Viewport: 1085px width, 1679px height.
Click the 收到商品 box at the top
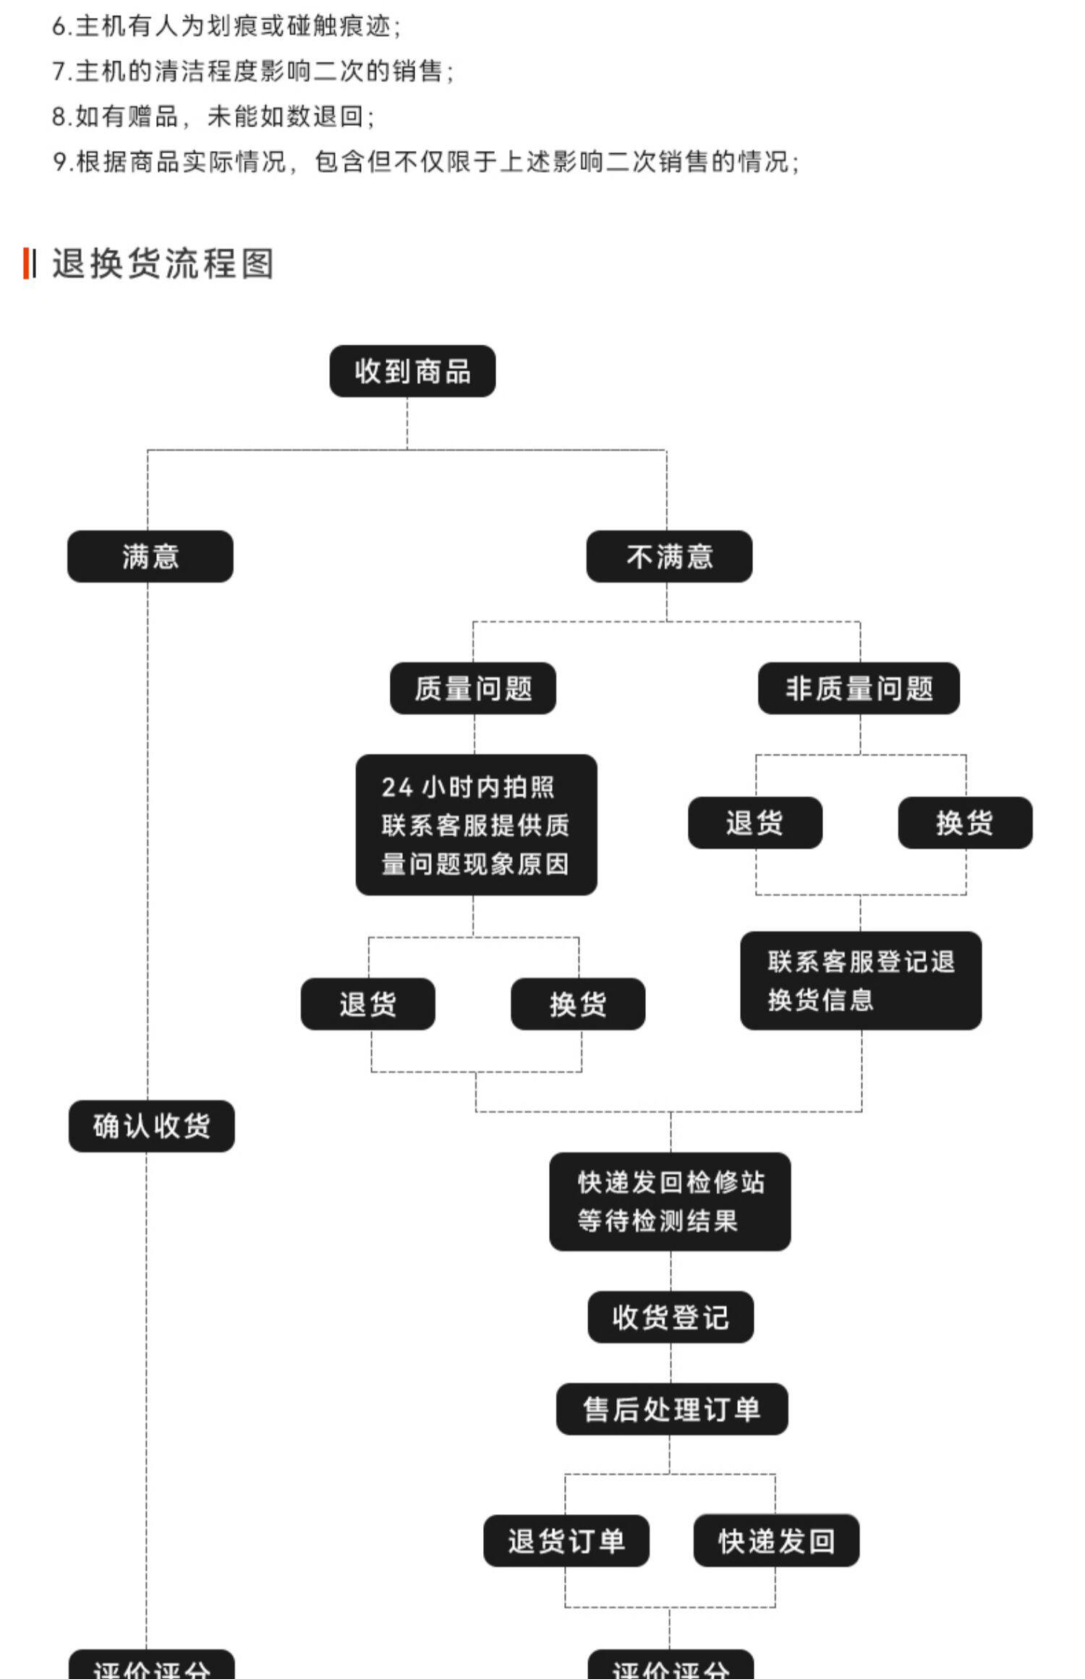click(412, 371)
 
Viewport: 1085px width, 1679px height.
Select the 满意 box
click(150, 557)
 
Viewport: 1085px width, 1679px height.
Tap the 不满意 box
click(669, 557)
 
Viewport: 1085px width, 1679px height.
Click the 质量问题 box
click(473, 688)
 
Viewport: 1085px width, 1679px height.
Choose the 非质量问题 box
click(859, 688)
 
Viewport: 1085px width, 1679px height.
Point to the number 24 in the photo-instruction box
click(397, 787)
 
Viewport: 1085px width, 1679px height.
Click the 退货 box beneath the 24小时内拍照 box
click(367, 1004)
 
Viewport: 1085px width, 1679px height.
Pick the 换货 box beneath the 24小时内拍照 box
click(578, 1004)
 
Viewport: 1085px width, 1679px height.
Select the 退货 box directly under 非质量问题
click(755, 823)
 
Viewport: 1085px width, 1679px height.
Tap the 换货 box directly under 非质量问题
click(965, 823)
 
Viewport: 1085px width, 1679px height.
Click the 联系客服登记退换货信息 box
click(861, 981)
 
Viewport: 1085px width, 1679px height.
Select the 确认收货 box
click(152, 1126)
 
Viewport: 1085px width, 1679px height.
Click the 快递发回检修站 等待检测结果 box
click(670, 1202)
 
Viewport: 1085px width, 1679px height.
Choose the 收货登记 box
click(671, 1317)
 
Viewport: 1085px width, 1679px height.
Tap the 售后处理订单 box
click(672, 1409)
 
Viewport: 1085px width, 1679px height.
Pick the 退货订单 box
click(566, 1541)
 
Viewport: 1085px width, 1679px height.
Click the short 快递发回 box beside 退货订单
click(776, 1541)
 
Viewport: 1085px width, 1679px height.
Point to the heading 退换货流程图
click(163, 263)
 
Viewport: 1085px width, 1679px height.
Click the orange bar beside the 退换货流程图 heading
click(26, 263)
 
